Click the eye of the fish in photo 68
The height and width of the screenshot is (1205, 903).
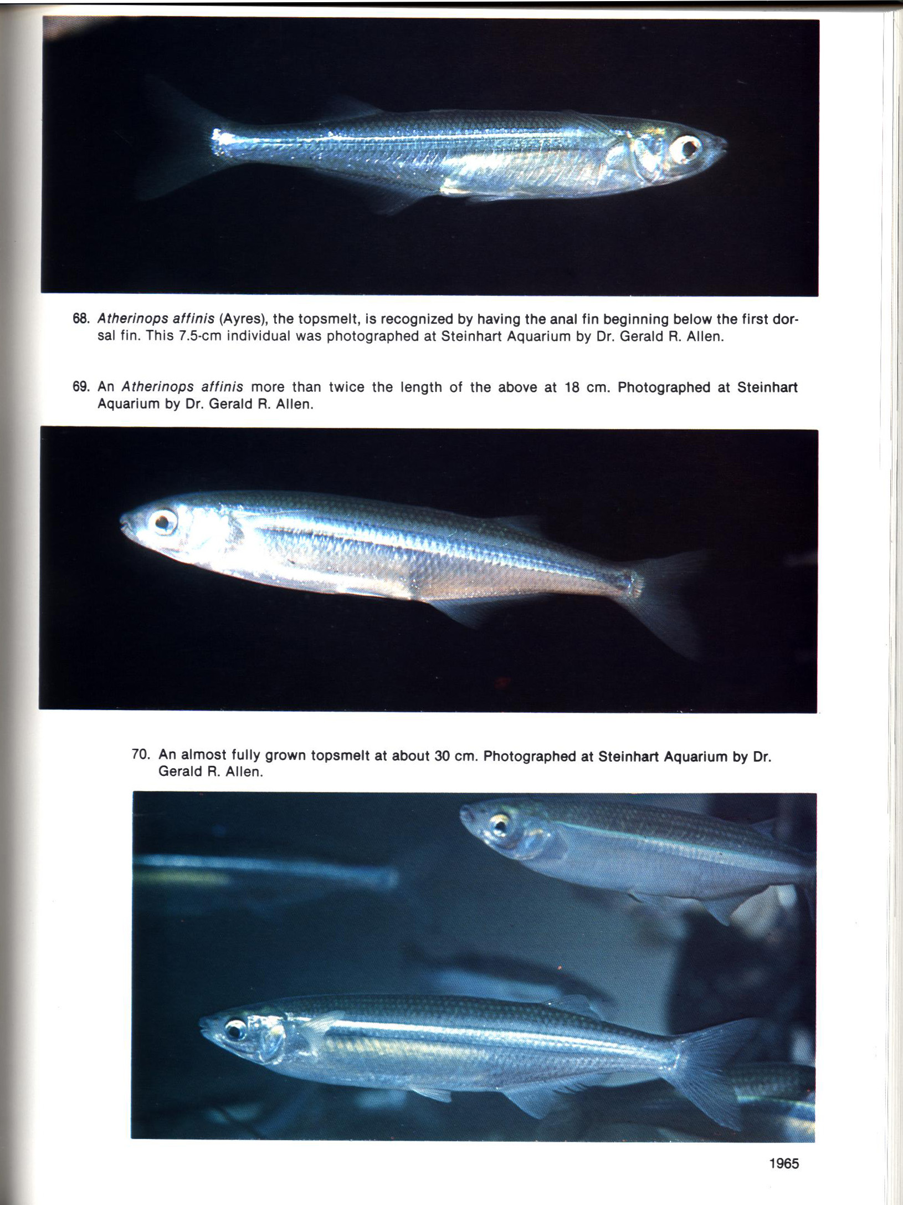[688, 148]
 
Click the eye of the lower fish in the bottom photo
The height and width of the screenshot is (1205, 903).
[235, 1030]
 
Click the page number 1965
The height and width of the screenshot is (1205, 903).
[784, 1163]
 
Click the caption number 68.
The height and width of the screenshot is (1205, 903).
[81, 319]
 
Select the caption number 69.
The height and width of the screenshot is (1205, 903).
[81, 386]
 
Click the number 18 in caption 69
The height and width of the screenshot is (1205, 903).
[572, 387]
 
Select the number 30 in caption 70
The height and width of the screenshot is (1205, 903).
[442, 755]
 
